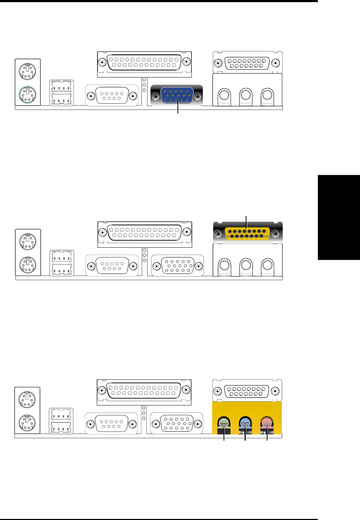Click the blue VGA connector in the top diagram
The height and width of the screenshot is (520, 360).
pyautogui.click(x=177, y=96)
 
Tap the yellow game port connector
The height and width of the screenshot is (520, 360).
pyautogui.click(x=247, y=234)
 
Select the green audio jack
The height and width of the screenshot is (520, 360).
pyautogui.click(x=224, y=423)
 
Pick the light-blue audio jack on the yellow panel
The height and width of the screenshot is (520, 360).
pyautogui.click(x=245, y=423)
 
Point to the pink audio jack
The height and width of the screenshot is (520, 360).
pyautogui.click(x=267, y=423)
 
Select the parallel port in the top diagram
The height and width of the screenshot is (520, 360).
pyautogui.click(x=144, y=62)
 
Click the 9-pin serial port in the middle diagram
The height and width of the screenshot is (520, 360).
pyautogui.click(x=112, y=266)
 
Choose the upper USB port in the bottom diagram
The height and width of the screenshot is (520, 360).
pyautogui.click(x=61, y=415)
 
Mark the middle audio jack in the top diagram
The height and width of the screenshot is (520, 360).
pyautogui.click(x=245, y=95)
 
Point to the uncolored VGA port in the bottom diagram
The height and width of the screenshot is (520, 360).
pyautogui.click(x=177, y=424)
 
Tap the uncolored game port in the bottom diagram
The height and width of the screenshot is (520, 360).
pyautogui.click(x=247, y=391)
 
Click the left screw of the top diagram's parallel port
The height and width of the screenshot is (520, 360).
pyautogui.click(x=102, y=62)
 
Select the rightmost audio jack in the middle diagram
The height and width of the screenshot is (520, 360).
pyautogui.click(x=267, y=265)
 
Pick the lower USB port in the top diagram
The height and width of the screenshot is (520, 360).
pyautogui.click(x=61, y=99)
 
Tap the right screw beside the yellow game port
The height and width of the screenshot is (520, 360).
pyautogui.click(x=275, y=234)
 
